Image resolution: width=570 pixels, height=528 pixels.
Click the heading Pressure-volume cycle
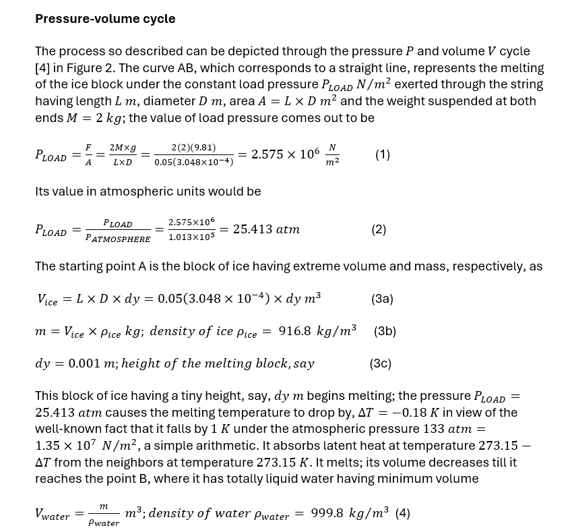pyautogui.click(x=105, y=19)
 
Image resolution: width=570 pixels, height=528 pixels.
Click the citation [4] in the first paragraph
pyautogui.click(x=42, y=68)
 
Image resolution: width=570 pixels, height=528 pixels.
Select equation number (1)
pyautogui.click(x=383, y=154)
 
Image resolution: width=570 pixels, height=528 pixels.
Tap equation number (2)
pyautogui.click(x=379, y=229)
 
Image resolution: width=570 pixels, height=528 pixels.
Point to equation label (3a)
pyautogui.click(x=382, y=299)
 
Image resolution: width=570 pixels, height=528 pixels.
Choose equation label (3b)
pyautogui.click(x=385, y=331)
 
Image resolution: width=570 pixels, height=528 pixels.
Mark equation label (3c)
pyautogui.click(x=380, y=363)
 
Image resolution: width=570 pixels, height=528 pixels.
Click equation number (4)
pyautogui.click(x=402, y=513)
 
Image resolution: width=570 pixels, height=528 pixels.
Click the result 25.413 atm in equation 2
pyautogui.click(x=266, y=229)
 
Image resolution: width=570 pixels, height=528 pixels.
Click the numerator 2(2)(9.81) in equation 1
pyautogui.click(x=193, y=147)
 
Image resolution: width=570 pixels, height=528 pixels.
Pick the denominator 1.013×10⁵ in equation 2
pyautogui.click(x=191, y=237)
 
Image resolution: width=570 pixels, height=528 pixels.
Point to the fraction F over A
pyautogui.click(x=88, y=154)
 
